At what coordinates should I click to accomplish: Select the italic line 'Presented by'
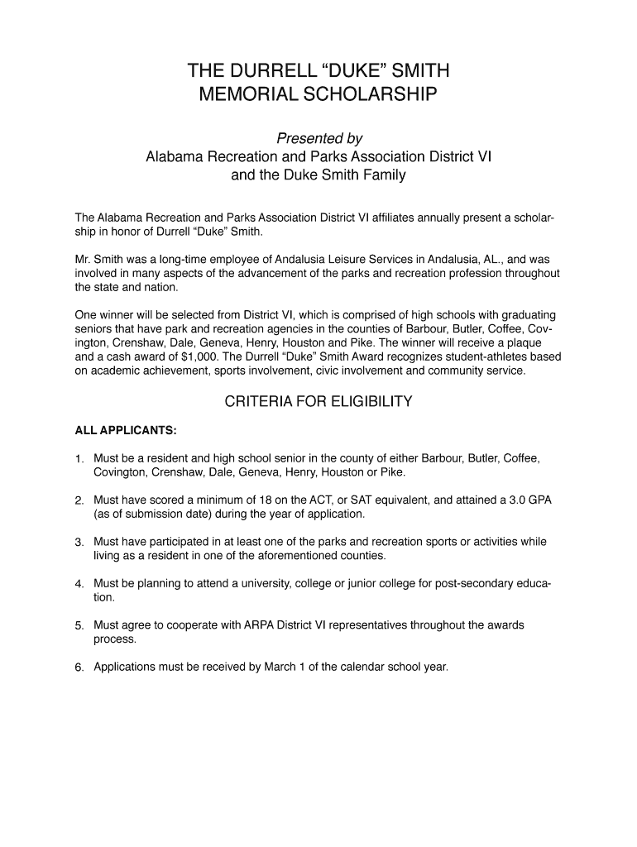coord(318,137)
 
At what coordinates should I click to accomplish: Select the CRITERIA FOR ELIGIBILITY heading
coord(318,403)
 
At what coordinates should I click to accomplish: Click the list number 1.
coord(79,458)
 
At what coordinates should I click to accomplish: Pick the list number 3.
coord(79,543)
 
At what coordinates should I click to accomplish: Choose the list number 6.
coord(79,668)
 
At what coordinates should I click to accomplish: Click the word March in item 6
coord(280,667)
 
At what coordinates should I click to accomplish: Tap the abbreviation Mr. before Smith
coord(84,259)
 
